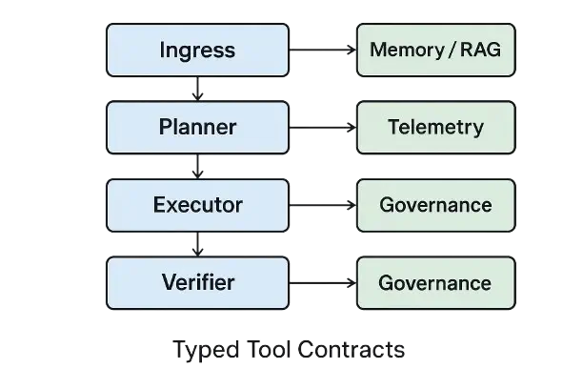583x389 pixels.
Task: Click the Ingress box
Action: pos(197,50)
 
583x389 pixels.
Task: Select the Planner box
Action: pos(197,127)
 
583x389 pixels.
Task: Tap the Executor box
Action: pos(197,204)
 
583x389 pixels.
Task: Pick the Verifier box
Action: pos(197,282)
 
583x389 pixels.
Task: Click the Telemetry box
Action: pos(435,127)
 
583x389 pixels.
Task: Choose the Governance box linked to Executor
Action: pos(435,204)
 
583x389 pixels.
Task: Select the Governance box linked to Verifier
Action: pos(435,282)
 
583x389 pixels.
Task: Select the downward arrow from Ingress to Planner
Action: pos(197,90)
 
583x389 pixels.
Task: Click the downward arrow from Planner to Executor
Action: pos(197,167)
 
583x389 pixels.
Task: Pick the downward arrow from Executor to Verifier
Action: pos(197,245)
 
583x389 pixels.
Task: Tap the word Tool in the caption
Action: pos(261,349)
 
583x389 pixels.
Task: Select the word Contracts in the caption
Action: pos(351,349)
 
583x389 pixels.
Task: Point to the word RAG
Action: pos(480,50)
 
